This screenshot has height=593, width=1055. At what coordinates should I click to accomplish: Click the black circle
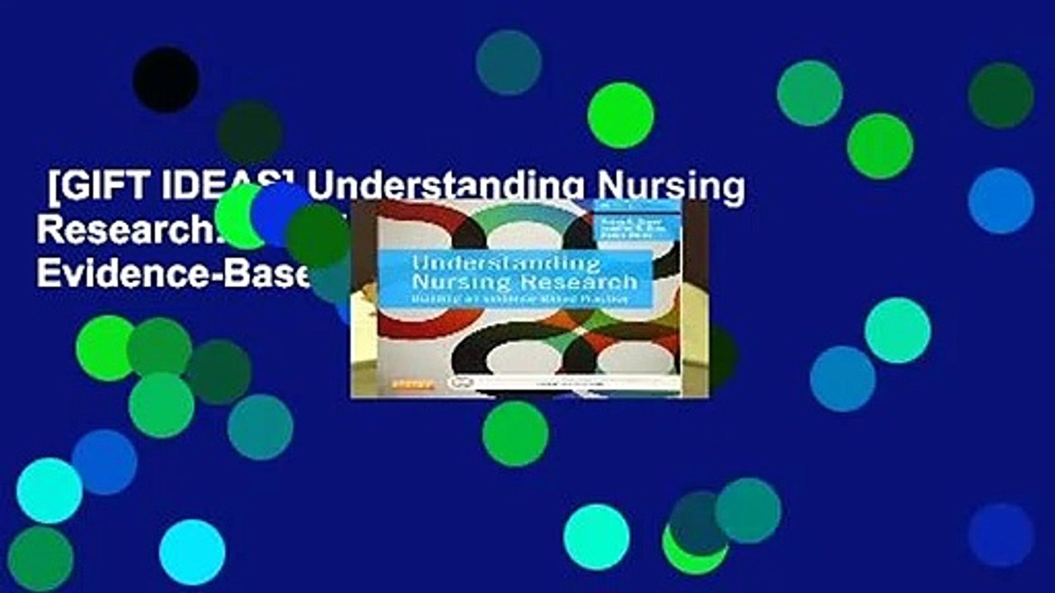pyautogui.click(x=166, y=80)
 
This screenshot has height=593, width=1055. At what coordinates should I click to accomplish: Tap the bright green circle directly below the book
pyautogui.click(x=515, y=434)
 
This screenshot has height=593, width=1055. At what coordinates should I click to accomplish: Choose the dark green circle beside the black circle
pyautogui.click(x=250, y=133)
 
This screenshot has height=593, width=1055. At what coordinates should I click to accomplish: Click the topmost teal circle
pyautogui.click(x=509, y=63)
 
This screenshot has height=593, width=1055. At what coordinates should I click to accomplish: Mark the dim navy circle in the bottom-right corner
pyautogui.click(x=1001, y=535)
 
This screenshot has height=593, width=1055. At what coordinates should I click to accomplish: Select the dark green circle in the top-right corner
pyautogui.click(x=1001, y=96)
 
